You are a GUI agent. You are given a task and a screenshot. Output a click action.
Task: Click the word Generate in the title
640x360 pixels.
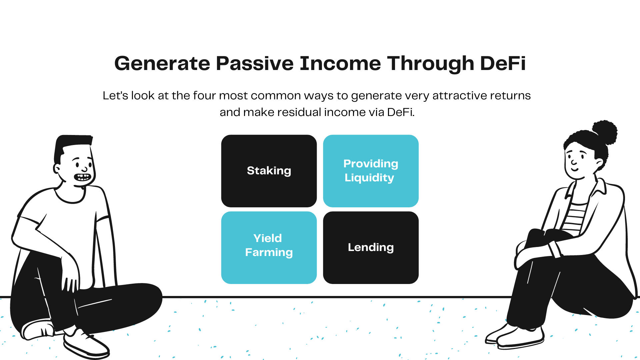[x=162, y=64]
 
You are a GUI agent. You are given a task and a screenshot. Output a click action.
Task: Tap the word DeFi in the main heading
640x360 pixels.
[x=503, y=63]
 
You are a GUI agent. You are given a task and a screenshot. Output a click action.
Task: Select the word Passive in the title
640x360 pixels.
[x=255, y=63]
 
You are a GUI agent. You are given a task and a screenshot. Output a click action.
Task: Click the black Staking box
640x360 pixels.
[x=269, y=171]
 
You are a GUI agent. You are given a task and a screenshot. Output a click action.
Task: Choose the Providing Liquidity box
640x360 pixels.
[x=371, y=171]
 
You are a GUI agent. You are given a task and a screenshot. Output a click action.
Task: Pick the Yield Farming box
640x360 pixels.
[x=269, y=248]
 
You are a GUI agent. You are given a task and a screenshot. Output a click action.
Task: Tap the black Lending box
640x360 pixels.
[x=371, y=248]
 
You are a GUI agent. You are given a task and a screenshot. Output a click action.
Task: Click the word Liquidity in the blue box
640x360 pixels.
[x=369, y=178]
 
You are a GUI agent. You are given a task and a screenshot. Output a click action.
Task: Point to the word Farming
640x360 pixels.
[x=269, y=253]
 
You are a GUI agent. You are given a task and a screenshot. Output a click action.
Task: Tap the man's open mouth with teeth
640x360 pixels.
[x=82, y=177]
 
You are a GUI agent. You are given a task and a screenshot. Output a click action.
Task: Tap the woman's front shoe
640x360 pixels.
[x=520, y=338]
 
